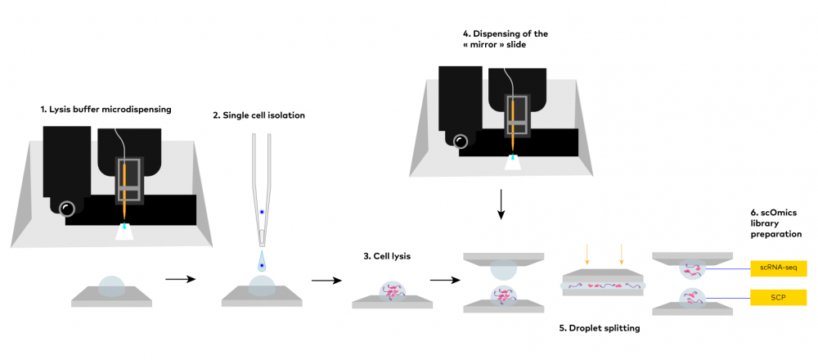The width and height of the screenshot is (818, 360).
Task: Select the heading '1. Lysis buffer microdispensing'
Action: (x=106, y=109)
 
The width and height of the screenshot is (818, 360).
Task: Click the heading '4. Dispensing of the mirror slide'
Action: (x=505, y=40)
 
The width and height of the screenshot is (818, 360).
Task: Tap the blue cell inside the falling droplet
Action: (x=262, y=266)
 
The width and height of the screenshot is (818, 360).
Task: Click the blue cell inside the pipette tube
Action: (x=262, y=212)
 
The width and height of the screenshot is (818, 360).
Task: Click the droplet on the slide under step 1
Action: (x=112, y=286)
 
